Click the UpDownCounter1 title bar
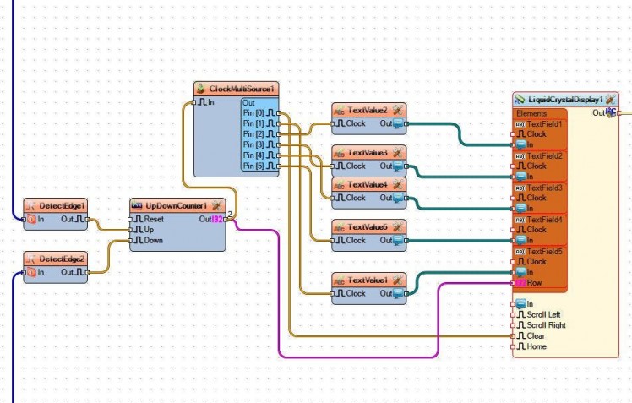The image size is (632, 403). click(x=176, y=205)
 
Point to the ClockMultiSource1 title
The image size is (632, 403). click(x=242, y=88)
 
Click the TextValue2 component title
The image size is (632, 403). click(x=368, y=110)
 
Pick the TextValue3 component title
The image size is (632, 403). click(x=368, y=152)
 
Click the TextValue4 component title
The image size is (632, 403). click(x=368, y=184)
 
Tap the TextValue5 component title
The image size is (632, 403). click(x=368, y=226)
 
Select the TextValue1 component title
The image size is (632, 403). click(x=368, y=280)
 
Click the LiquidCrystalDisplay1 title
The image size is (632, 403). click(x=564, y=100)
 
